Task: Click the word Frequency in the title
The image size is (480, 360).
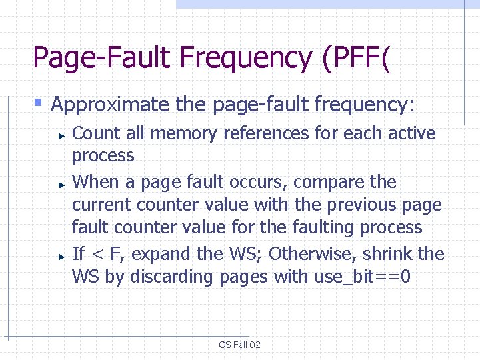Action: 246,58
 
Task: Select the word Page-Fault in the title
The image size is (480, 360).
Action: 101,58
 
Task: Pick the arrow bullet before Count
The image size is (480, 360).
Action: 60,134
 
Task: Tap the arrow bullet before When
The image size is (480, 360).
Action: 60,183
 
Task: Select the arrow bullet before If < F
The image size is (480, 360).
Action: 60,255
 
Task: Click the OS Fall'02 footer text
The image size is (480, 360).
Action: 239,345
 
